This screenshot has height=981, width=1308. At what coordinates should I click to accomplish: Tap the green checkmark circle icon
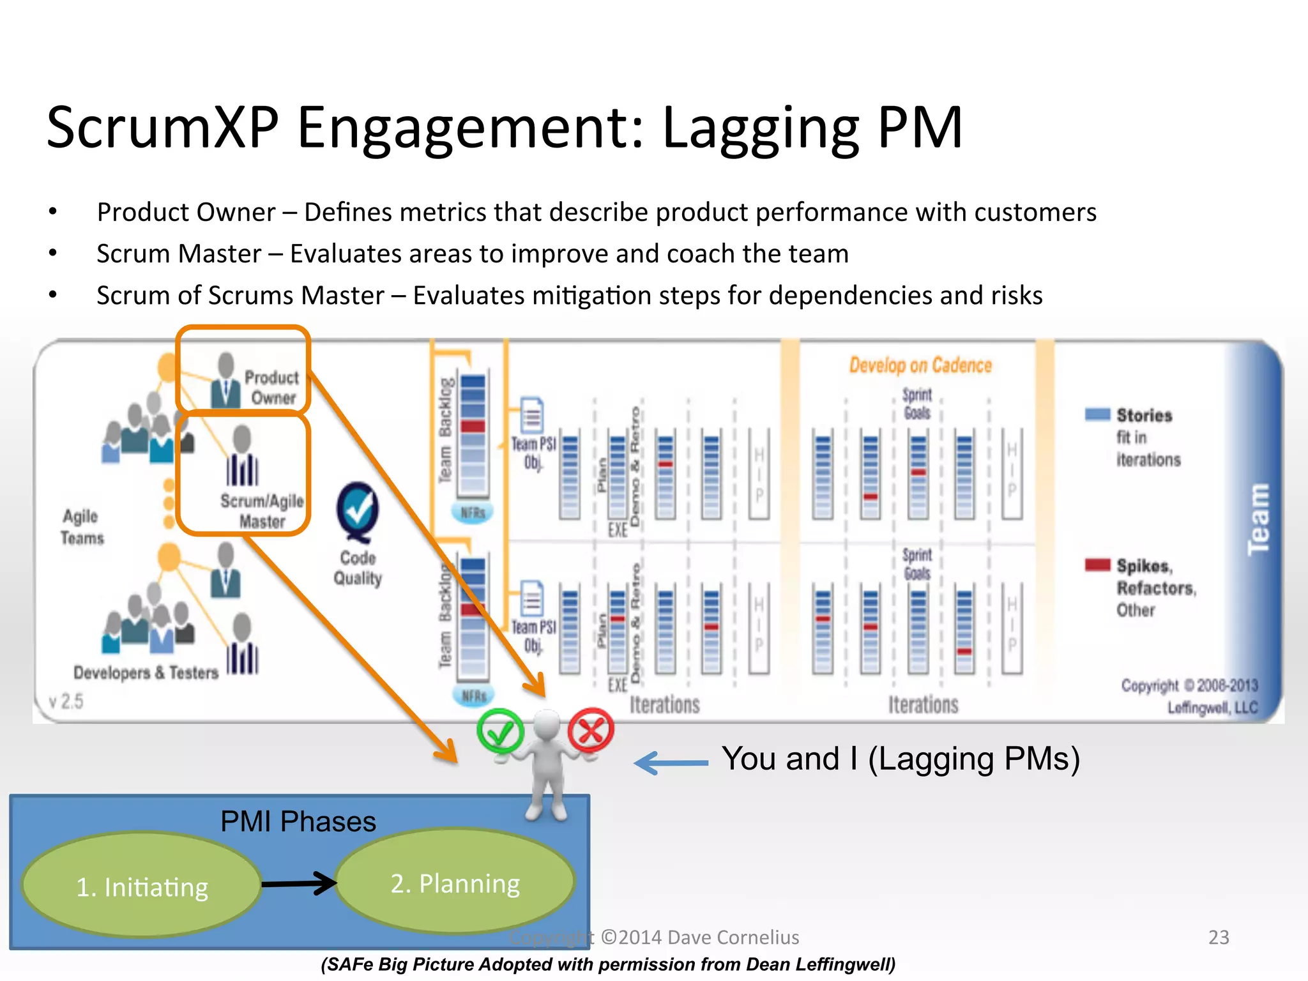point(500,731)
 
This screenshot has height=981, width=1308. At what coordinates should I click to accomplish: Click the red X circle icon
point(591,729)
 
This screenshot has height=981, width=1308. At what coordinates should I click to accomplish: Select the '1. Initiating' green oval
point(142,885)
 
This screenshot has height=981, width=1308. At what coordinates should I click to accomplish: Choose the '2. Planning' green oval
point(455,883)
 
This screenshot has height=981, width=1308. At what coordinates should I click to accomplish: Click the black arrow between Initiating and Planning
point(299,883)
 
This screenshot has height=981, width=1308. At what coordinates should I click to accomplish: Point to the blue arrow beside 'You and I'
point(671,763)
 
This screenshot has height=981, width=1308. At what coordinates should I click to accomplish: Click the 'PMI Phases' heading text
point(298,821)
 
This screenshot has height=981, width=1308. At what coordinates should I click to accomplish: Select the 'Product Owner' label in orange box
point(272,387)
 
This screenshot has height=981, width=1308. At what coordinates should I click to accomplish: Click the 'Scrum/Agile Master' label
point(262,511)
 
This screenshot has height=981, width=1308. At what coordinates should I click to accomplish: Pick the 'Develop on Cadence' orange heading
point(920,365)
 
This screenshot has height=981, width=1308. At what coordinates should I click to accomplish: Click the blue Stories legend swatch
point(1097,414)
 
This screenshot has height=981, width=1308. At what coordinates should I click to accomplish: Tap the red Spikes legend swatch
point(1097,565)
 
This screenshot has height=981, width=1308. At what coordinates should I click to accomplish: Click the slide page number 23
point(1219,937)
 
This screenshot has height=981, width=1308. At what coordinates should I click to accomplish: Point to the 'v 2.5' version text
point(66,701)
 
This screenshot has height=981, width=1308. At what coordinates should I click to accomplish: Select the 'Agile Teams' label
point(82,527)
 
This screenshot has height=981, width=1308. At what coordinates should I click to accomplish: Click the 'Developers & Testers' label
point(146,673)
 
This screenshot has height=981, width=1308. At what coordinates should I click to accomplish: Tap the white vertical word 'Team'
point(1258,519)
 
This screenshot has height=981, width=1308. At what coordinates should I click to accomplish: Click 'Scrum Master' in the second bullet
point(179,254)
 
